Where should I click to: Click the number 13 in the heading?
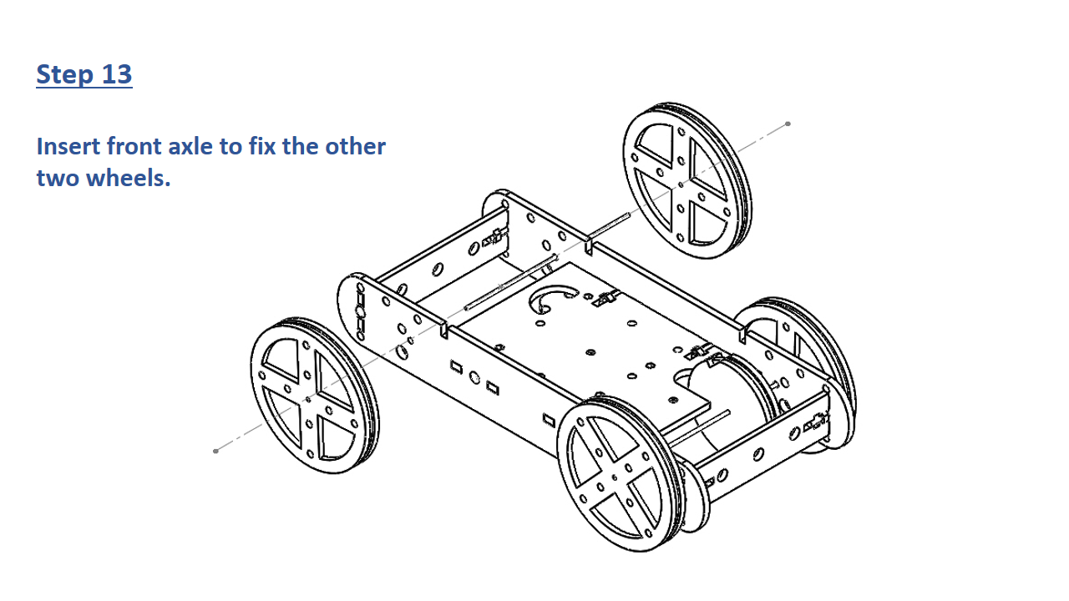pos(116,74)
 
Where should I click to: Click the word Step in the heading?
pos(65,75)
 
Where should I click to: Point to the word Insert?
pos(68,146)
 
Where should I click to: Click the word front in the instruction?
pos(134,146)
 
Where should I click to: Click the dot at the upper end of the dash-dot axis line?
pos(788,124)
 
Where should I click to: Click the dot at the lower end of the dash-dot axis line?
pos(215,451)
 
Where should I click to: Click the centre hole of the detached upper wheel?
pos(681,184)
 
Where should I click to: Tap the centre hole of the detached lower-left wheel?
pos(308,400)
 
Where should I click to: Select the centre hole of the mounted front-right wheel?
pos(615,477)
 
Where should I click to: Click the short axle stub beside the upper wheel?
pos(610,225)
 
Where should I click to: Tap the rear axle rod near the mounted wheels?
pos(700,428)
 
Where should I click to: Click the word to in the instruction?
pos(230,147)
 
